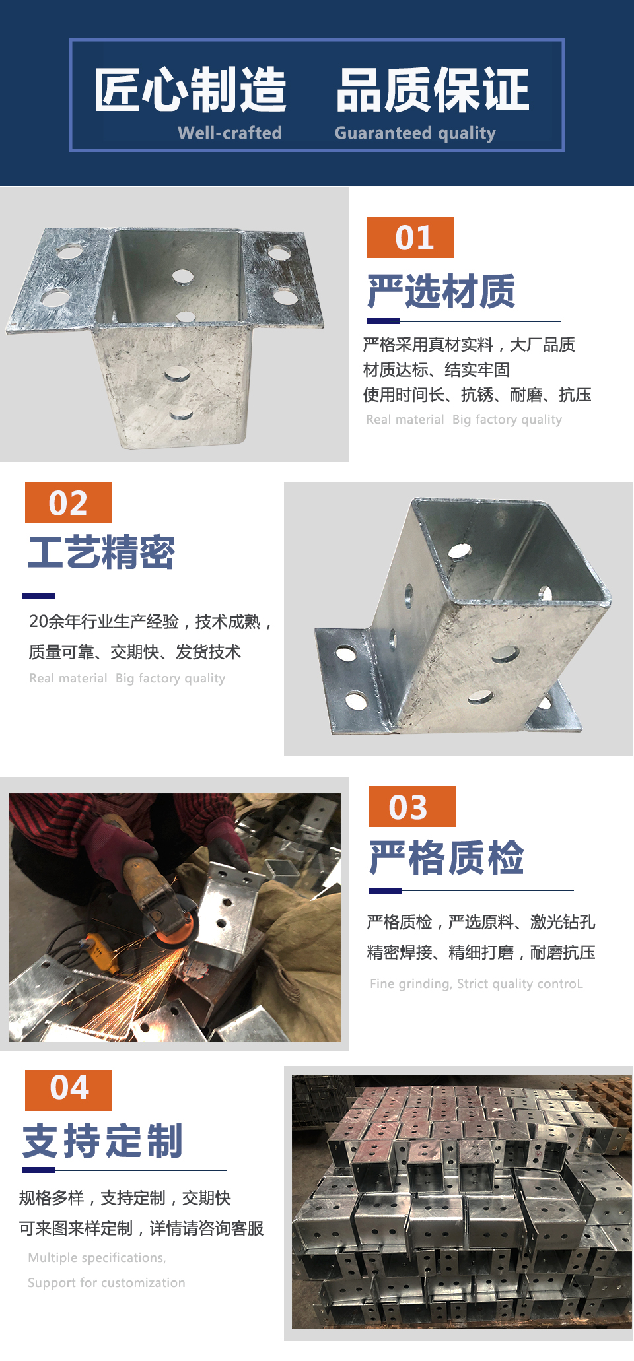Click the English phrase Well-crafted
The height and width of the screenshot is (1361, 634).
click(x=230, y=133)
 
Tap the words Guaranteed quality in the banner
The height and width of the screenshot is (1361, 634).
click(x=415, y=133)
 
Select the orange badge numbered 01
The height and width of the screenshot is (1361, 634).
click(x=411, y=238)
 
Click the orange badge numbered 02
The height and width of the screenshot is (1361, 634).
click(x=69, y=502)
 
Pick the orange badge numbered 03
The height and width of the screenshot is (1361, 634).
click(x=412, y=807)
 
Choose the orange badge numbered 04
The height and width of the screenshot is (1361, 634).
click(x=69, y=1090)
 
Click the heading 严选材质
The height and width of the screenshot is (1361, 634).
click(x=441, y=291)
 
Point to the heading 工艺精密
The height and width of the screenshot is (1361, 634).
click(x=101, y=552)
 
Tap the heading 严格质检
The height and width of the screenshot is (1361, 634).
click(x=446, y=857)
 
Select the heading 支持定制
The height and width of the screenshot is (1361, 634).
click(x=103, y=1141)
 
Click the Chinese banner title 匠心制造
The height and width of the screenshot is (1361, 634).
click(x=190, y=89)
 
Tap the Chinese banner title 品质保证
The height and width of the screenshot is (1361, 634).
click(x=433, y=89)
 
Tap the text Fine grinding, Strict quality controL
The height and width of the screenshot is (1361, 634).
click(x=476, y=984)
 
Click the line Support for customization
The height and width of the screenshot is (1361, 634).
click(x=106, y=1283)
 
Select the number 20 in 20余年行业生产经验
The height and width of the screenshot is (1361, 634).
click(x=38, y=622)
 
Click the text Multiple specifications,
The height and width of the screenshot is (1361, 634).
click(x=97, y=1258)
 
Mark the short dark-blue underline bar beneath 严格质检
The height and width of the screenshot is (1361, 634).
click(x=386, y=891)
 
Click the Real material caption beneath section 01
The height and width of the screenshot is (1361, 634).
click(x=405, y=420)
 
